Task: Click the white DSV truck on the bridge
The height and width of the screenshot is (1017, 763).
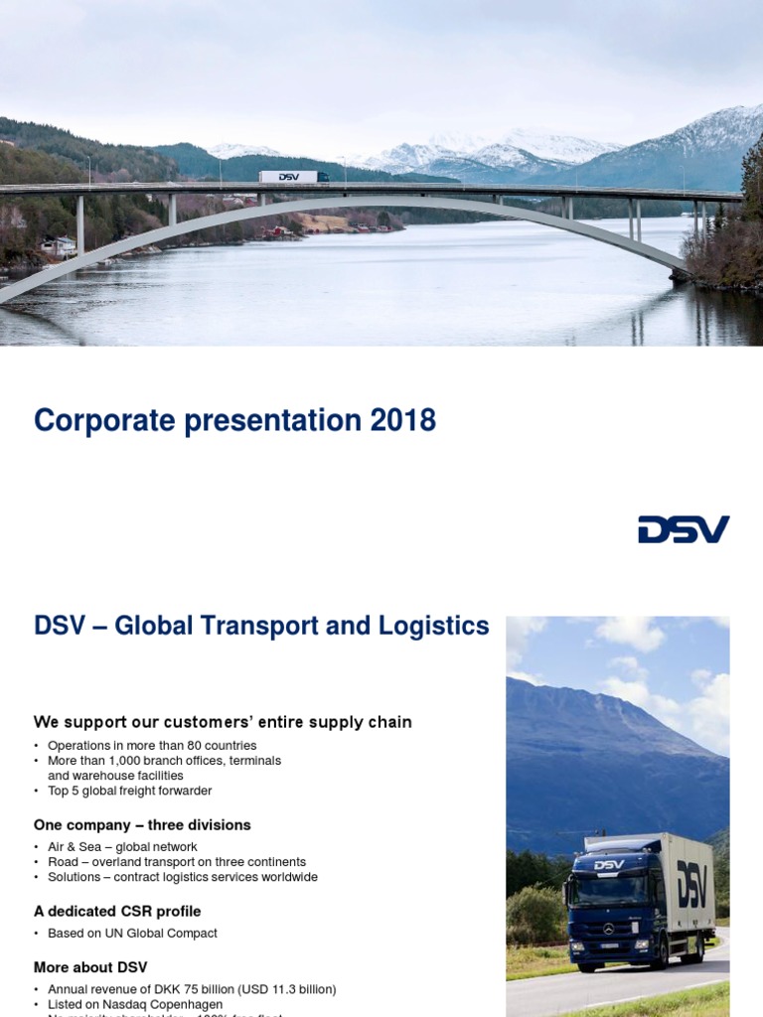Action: click(293, 177)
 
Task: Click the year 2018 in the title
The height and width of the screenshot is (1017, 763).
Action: click(403, 420)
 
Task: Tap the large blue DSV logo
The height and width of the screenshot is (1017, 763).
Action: click(684, 529)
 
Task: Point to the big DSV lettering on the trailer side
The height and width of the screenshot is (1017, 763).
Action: click(691, 882)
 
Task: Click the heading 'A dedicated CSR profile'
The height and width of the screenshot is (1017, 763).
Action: click(117, 911)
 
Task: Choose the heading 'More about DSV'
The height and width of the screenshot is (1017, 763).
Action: click(90, 967)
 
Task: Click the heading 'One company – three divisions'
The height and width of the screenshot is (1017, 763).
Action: click(142, 824)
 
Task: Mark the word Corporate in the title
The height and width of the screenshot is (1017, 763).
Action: click(99, 420)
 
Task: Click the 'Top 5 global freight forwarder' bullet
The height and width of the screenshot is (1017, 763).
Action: click(129, 791)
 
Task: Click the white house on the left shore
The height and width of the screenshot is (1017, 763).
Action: click(62, 245)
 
